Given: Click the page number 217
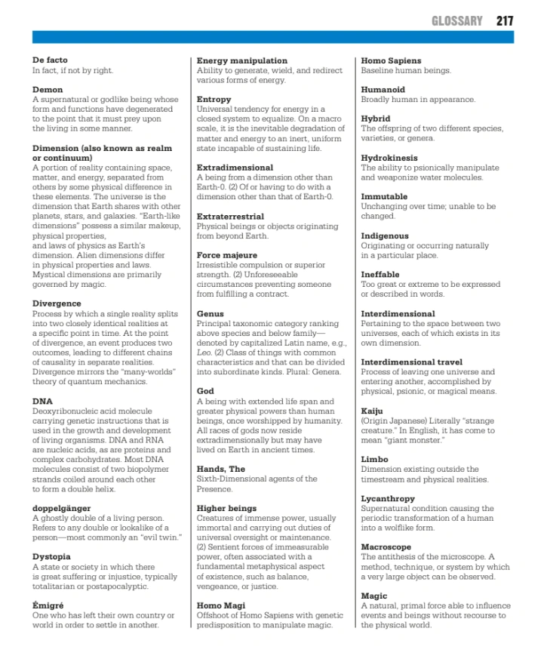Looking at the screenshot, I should (x=505, y=20).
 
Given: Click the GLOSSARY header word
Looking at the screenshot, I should (x=456, y=20).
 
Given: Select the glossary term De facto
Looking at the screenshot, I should (x=50, y=60).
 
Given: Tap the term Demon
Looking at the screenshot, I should (x=48, y=90).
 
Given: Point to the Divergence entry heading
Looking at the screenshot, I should (x=57, y=303).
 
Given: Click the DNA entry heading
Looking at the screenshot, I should (x=42, y=401).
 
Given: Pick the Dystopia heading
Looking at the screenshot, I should (x=51, y=556).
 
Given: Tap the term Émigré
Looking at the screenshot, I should (x=48, y=605).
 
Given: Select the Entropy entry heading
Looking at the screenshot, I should (x=214, y=100).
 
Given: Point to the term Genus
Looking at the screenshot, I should (x=211, y=313).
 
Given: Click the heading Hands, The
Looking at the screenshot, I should (x=221, y=469).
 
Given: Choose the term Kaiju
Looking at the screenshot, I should (x=373, y=411).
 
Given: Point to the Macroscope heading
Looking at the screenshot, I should (x=386, y=547).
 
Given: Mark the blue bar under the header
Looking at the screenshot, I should (x=273, y=37).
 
